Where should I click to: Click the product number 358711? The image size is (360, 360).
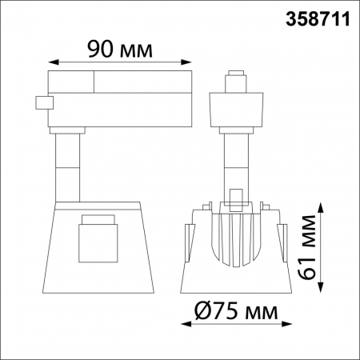[318, 19]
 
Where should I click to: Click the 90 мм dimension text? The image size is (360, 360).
[120, 50]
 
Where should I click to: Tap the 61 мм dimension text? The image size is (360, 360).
[306, 246]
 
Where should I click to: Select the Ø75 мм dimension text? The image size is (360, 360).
[236, 310]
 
